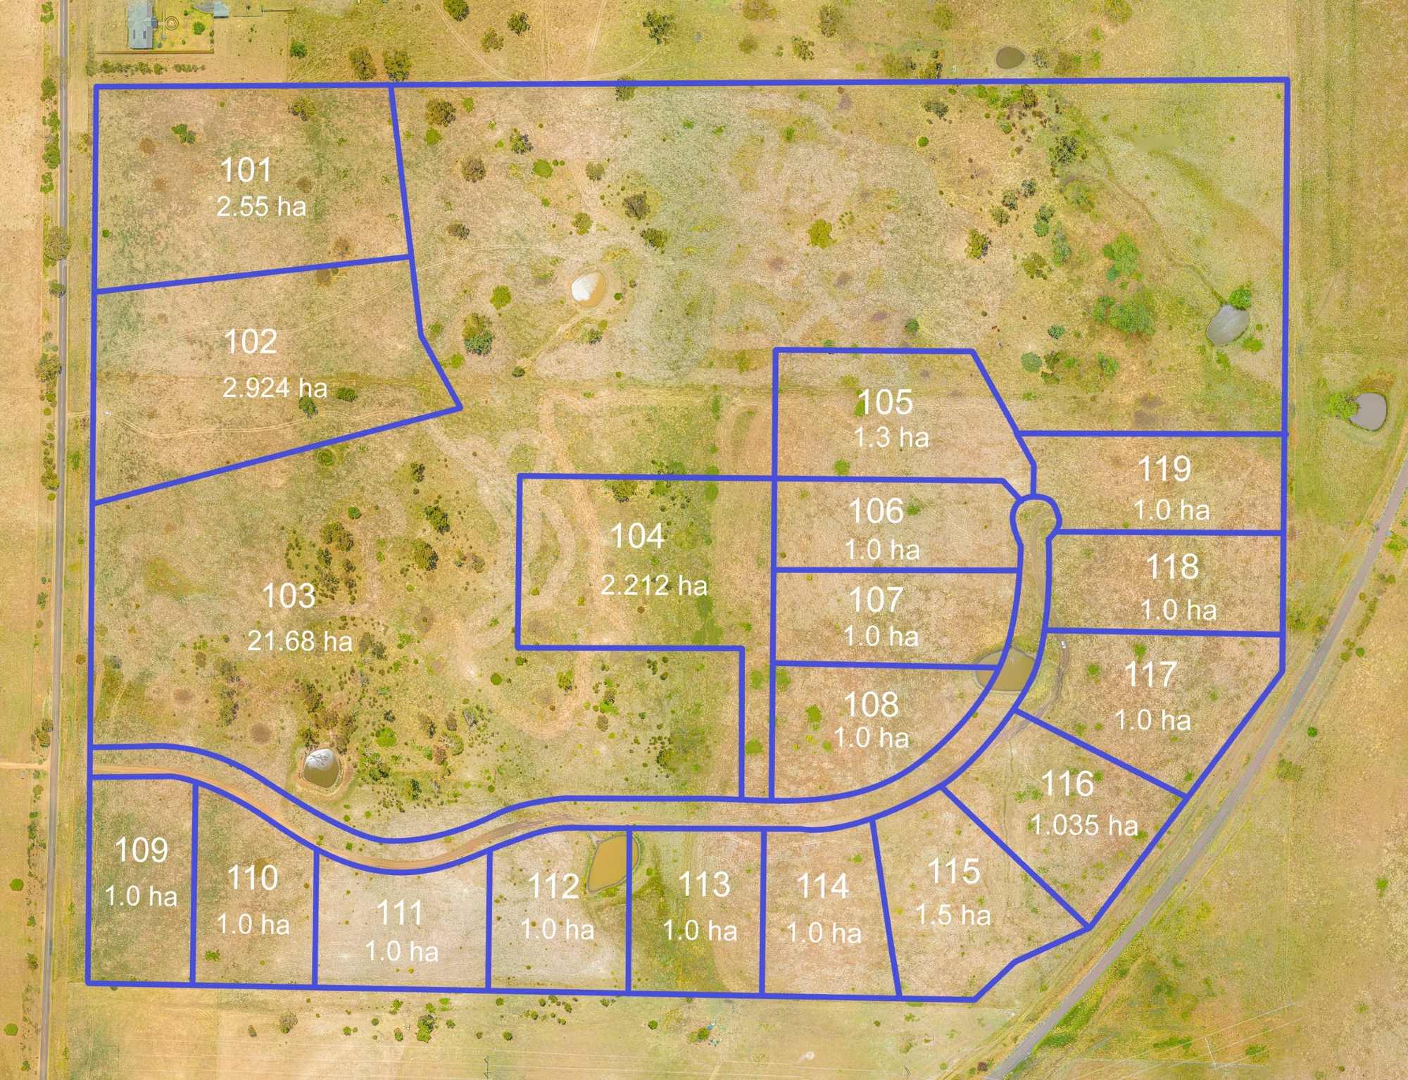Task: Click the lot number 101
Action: pos(246,170)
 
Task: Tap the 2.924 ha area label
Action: pos(275,388)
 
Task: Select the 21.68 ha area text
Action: pos(299,641)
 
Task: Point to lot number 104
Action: pos(637,536)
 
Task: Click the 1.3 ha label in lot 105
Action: pos(891,438)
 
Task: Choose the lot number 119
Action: pos(1164,470)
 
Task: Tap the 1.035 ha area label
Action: pos(1084,825)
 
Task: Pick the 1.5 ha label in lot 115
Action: pos(953,915)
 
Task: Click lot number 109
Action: pos(142,850)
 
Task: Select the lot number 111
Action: pos(400,914)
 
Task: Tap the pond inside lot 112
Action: pos(610,862)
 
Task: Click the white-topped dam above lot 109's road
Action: pos(320,767)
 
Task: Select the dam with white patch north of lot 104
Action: pos(588,289)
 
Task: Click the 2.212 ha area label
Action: pos(654,586)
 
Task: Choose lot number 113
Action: pos(703,885)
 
